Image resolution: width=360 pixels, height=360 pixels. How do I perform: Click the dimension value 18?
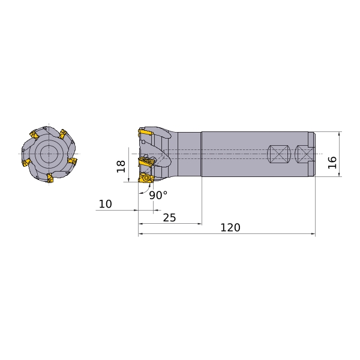(x=121, y=166)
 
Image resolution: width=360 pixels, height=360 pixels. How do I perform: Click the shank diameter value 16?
(x=332, y=163)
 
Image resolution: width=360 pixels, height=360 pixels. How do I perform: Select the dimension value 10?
(x=106, y=204)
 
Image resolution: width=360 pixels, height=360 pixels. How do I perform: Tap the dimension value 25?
(x=169, y=218)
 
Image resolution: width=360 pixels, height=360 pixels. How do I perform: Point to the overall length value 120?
(x=230, y=227)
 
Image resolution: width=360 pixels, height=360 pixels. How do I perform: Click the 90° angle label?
(x=158, y=195)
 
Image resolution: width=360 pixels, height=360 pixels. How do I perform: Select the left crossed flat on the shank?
(x=279, y=154)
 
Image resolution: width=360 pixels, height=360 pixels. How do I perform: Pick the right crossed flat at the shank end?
(x=304, y=154)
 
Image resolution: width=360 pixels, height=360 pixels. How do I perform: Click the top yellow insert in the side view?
(x=146, y=133)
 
